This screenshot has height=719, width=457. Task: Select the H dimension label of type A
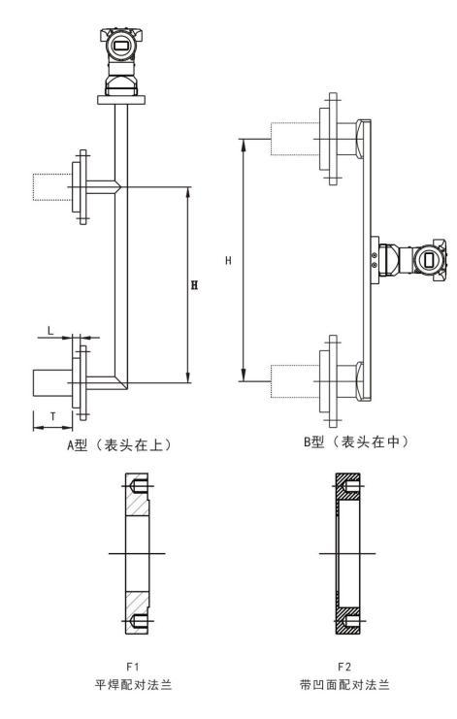[194, 285]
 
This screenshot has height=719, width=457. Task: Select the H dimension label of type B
[228, 261]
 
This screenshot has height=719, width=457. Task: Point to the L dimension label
[50, 330]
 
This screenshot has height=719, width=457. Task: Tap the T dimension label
[53, 417]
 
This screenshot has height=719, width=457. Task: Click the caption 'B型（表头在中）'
[355, 442]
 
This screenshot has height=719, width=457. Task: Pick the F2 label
[344, 667]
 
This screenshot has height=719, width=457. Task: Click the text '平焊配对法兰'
[133, 685]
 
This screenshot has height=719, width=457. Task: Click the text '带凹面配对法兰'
[344, 685]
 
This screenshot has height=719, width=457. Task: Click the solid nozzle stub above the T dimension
[52, 383]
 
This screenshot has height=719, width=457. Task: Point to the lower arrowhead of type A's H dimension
[188, 376]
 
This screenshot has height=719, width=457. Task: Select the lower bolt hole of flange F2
[350, 622]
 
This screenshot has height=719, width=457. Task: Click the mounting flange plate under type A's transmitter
[121, 100]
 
